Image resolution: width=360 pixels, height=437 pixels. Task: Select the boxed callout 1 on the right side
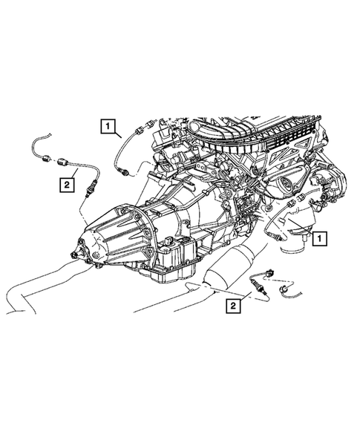(x=318, y=238)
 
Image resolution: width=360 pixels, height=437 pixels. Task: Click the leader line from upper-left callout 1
(x=120, y=136)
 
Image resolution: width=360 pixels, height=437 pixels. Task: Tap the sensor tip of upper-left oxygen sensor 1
(x=128, y=174)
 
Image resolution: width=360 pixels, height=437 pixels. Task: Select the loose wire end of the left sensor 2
(x=37, y=141)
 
